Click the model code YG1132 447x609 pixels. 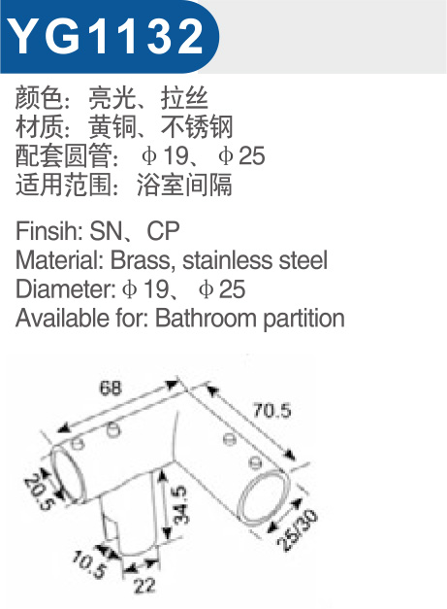tap(106, 36)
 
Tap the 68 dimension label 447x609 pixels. tap(111, 388)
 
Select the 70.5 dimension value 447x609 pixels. tap(271, 410)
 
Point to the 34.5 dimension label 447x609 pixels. tap(179, 505)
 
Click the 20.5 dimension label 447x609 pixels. tap(39, 491)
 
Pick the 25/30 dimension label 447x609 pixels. tap(298, 530)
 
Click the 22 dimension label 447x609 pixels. tap(144, 586)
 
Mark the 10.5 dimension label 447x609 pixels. tap(88, 565)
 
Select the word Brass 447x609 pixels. tap(141, 260)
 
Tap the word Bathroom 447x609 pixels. tap(206, 318)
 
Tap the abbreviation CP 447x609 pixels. tap(163, 231)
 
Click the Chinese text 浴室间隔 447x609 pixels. tap(184, 184)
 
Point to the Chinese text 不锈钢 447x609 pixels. tap(197, 126)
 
